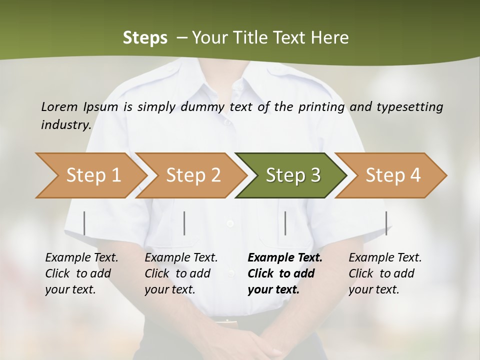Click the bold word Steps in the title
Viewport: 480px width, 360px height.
145,37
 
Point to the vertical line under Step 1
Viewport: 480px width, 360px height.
84,223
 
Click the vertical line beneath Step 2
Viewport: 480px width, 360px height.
184,223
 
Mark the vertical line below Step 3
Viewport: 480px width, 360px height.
285,223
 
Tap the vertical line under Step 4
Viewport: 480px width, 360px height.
386,223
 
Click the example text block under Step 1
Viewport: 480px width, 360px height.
81,273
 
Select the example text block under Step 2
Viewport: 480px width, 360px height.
181,273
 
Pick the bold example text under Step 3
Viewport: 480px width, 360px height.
285,273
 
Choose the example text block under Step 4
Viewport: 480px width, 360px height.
385,273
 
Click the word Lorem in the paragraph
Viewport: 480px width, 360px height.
59,106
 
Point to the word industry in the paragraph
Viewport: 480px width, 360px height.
66,125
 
